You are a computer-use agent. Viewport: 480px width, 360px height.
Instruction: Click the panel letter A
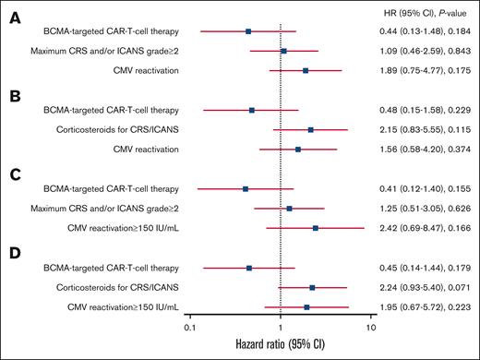(16, 18)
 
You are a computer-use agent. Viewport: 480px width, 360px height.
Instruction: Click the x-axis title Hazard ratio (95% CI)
(280, 346)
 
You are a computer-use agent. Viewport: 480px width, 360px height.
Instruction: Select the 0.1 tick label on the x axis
(189, 327)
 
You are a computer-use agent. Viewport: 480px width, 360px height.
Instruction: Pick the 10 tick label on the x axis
(372, 327)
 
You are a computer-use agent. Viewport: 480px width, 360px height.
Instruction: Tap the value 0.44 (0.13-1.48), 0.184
(427, 31)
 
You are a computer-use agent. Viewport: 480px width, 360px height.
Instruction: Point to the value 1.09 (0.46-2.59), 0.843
(427, 51)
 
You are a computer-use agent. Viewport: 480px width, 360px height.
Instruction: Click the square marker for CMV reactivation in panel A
(306, 70)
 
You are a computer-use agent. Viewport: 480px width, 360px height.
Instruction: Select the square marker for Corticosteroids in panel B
(311, 130)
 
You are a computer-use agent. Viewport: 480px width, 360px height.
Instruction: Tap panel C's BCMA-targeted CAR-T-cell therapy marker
(246, 189)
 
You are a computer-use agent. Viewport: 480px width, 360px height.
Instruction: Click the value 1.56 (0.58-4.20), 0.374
(427, 150)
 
